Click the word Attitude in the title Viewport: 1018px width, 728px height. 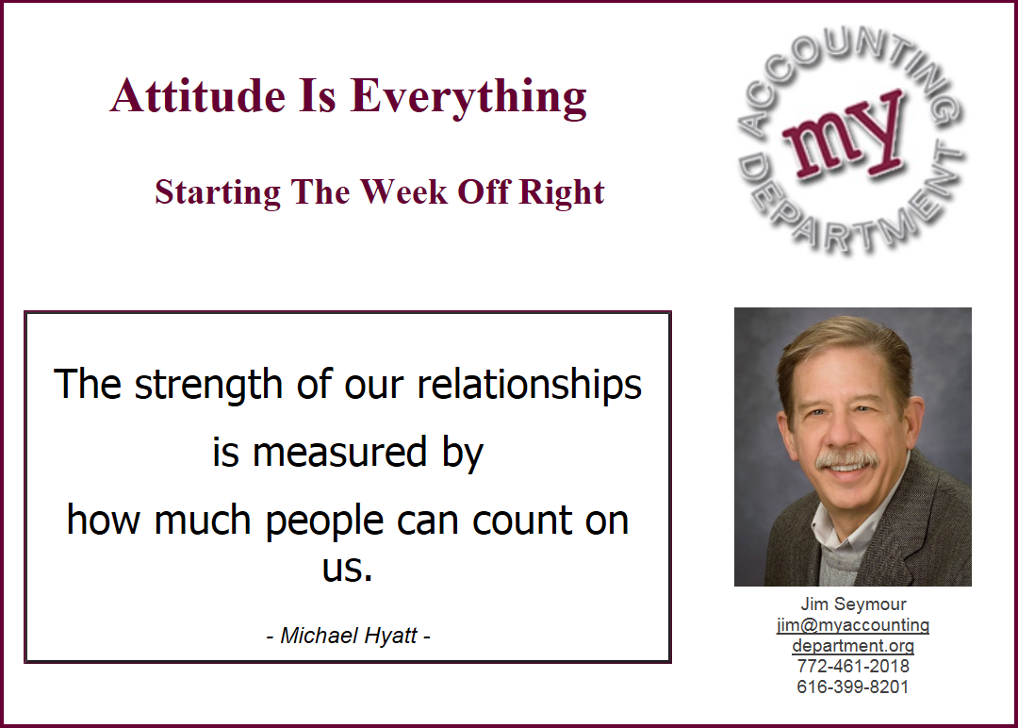[x=198, y=96]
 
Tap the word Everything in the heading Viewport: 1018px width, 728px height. [x=468, y=98]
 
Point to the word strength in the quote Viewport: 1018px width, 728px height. [x=210, y=386]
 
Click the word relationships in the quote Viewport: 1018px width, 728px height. [x=529, y=386]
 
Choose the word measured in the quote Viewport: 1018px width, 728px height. [x=339, y=453]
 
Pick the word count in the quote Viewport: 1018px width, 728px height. [x=522, y=521]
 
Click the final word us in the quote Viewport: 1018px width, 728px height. [x=347, y=569]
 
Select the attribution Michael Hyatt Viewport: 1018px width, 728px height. [x=349, y=636]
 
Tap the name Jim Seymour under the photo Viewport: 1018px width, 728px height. [x=853, y=604]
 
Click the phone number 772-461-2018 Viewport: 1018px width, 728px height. [x=853, y=667]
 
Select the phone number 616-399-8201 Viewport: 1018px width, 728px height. [x=853, y=687]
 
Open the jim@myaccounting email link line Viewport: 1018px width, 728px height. [x=853, y=625]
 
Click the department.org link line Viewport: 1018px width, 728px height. [x=853, y=646]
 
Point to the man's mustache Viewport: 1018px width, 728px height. [x=847, y=459]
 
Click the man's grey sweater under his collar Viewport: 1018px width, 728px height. [x=844, y=563]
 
